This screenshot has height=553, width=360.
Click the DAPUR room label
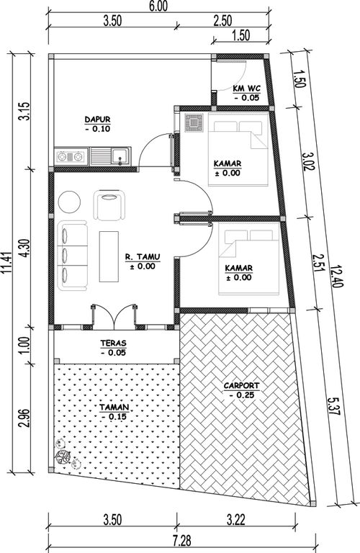pyautogui.click(x=98, y=120)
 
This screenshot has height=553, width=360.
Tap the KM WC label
pyautogui.click(x=246, y=89)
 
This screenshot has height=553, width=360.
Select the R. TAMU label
pyautogui.click(x=143, y=257)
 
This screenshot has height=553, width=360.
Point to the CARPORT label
pyautogui.click(x=241, y=386)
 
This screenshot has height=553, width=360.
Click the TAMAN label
pyautogui.click(x=114, y=408)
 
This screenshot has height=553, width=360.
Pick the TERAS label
pyautogui.click(x=113, y=343)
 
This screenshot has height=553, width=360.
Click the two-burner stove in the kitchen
pyautogui.click(x=71, y=156)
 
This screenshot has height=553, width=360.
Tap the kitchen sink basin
pyautogui.click(x=120, y=156)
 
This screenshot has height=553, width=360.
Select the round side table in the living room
pyautogui.click(x=69, y=202)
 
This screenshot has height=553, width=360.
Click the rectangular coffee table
pyautogui.click(x=109, y=256)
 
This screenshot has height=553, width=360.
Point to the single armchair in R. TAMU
pyautogui.click(x=109, y=206)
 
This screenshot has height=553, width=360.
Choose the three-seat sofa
pyautogui.click(x=73, y=256)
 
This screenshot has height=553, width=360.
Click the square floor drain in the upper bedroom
pyautogui.click(x=194, y=122)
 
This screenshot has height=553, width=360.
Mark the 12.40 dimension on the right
pyautogui.click(x=337, y=276)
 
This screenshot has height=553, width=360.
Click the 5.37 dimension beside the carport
pyautogui.click(x=333, y=406)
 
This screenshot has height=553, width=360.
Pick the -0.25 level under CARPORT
pyautogui.click(x=241, y=395)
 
